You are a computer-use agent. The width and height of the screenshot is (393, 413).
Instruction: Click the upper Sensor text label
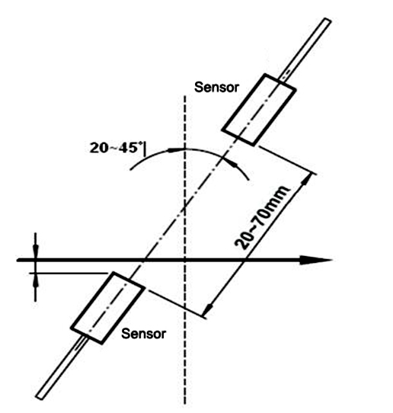tap(216, 87)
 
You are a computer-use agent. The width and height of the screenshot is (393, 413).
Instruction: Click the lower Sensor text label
tap(143, 334)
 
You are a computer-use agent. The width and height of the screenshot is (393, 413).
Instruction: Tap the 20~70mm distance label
tap(261, 218)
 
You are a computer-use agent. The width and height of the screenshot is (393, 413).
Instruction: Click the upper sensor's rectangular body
tap(259, 110)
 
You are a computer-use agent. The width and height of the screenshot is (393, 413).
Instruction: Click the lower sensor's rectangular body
tap(107, 308)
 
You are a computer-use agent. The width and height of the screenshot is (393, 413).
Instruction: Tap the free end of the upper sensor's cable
tap(327, 21)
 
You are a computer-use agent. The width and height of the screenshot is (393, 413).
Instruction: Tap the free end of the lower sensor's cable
tap(40, 397)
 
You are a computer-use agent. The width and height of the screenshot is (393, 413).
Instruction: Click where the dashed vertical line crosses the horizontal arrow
tap(185, 260)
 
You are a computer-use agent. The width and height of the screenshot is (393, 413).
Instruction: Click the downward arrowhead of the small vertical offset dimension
tap(36, 250)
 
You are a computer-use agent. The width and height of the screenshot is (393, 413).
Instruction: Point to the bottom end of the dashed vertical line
tap(185, 403)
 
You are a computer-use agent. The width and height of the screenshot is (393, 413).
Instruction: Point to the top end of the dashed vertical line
tap(185, 96)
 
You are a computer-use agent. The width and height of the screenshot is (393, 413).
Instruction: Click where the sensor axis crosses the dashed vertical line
tap(185, 206)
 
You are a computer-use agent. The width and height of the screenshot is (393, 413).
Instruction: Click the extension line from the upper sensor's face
tap(288, 160)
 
